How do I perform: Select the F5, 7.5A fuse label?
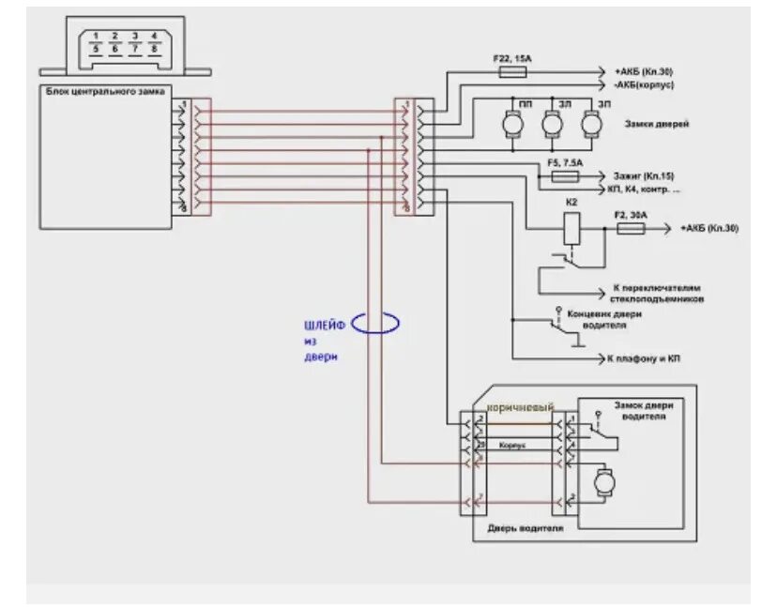point(564,163)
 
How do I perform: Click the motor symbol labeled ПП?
point(513,122)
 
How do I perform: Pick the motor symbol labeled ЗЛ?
point(553,122)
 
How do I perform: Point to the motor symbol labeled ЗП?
point(591,122)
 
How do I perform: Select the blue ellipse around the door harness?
point(376,323)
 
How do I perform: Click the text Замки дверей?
point(647,123)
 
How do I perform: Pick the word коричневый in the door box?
point(520,405)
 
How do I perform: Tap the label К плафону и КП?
point(644,358)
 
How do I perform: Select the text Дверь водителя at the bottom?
point(526,528)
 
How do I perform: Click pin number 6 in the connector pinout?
point(114,49)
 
